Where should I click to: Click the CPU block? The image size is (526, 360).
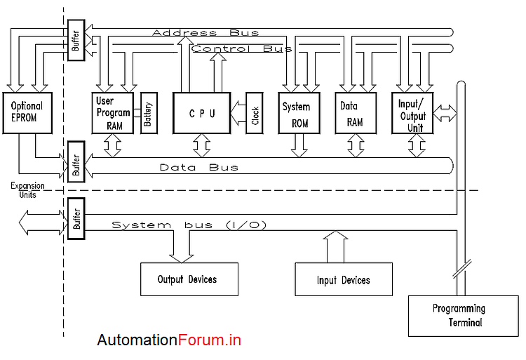201,113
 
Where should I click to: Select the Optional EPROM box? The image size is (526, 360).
27,112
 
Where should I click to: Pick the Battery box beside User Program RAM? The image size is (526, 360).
148,112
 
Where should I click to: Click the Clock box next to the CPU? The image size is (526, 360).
255,113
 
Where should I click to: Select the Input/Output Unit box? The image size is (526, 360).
412,112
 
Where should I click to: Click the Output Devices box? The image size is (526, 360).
189,279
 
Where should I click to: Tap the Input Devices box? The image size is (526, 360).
343,280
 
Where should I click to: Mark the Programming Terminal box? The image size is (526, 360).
459,315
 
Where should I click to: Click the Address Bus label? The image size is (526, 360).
205,33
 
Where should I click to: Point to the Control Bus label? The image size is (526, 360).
242,49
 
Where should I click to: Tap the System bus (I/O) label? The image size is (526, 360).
189,225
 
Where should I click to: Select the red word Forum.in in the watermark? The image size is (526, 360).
210,340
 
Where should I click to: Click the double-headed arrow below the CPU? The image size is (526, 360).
202,145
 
